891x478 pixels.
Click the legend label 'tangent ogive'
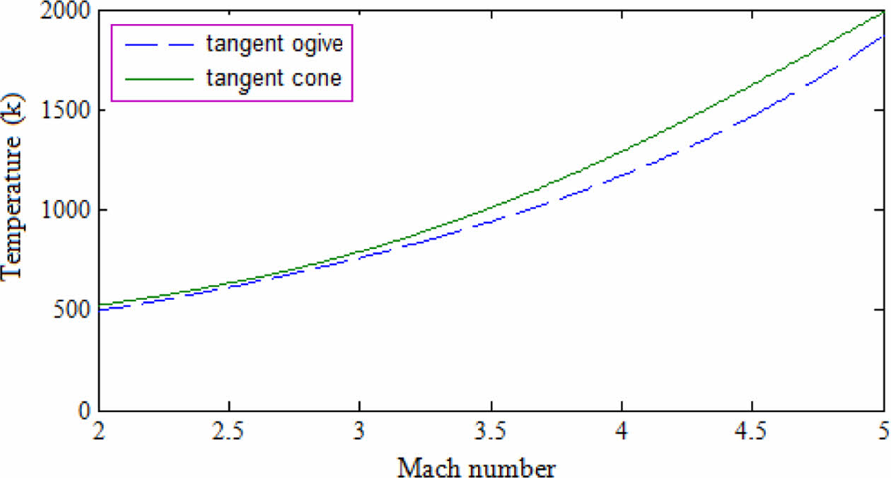[x=274, y=44]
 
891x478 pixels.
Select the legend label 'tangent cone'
[x=274, y=77]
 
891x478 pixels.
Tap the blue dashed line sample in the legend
[x=159, y=45]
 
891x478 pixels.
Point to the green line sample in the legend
[x=159, y=78]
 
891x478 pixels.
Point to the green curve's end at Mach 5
[x=883, y=12]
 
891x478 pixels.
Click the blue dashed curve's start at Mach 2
[x=100, y=310]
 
